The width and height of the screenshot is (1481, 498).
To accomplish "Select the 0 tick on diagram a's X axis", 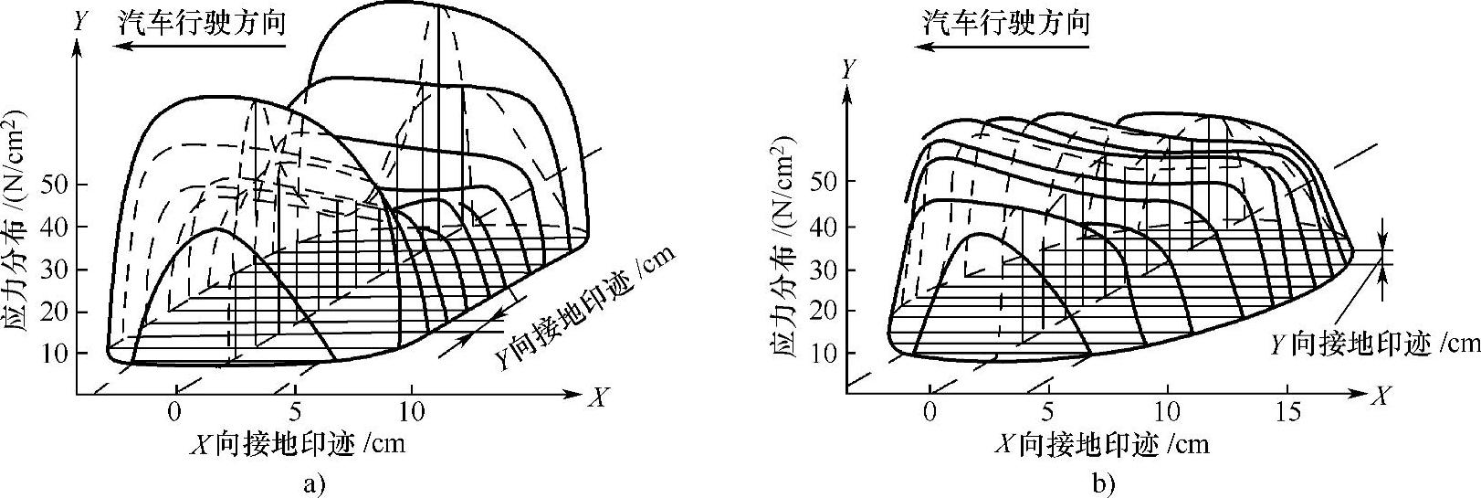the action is coord(176,411).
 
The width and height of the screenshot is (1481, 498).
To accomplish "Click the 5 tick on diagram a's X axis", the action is coord(294,411).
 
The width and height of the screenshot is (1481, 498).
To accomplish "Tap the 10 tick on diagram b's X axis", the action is coord(1166,411).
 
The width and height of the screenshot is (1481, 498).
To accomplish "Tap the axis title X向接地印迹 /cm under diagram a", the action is coord(296,444).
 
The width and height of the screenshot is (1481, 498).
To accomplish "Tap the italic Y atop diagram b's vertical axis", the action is coord(849,69).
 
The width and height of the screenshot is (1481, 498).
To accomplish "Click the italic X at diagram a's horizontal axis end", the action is coord(598,397).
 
